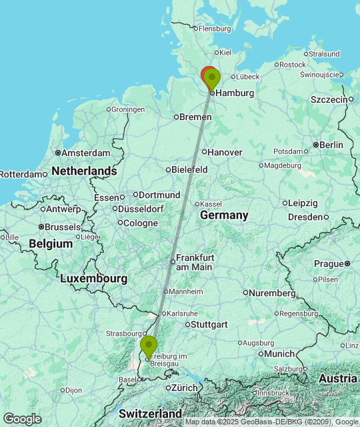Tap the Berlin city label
(331, 145)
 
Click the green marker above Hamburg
(212, 78)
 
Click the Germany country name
(224, 216)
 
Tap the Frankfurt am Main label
(195, 262)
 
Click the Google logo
(22, 418)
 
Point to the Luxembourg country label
(93, 278)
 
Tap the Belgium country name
(51, 244)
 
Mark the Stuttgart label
(209, 324)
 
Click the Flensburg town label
(214, 29)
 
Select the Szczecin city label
(329, 99)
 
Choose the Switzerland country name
(151, 413)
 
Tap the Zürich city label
(184, 388)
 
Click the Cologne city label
(141, 223)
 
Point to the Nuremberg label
(273, 293)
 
